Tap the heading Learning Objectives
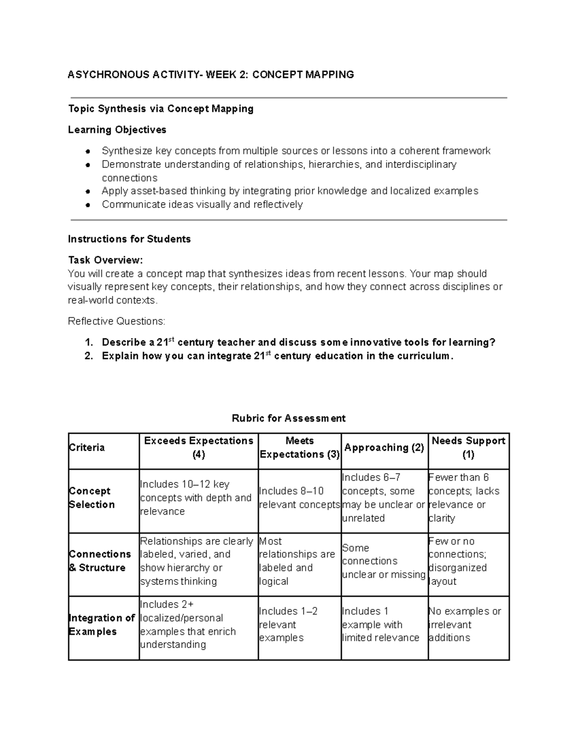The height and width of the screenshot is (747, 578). tap(117, 130)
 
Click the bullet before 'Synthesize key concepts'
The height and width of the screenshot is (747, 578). tap(88, 152)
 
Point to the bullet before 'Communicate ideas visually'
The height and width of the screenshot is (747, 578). tap(88, 205)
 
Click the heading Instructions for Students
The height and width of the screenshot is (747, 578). tap(129, 239)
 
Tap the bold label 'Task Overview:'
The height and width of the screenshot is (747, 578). tap(105, 260)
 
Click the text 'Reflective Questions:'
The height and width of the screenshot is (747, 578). tap(116, 321)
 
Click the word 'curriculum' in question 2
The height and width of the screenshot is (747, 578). tap(423, 356)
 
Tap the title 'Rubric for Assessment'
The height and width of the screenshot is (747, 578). tap(289, 418)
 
